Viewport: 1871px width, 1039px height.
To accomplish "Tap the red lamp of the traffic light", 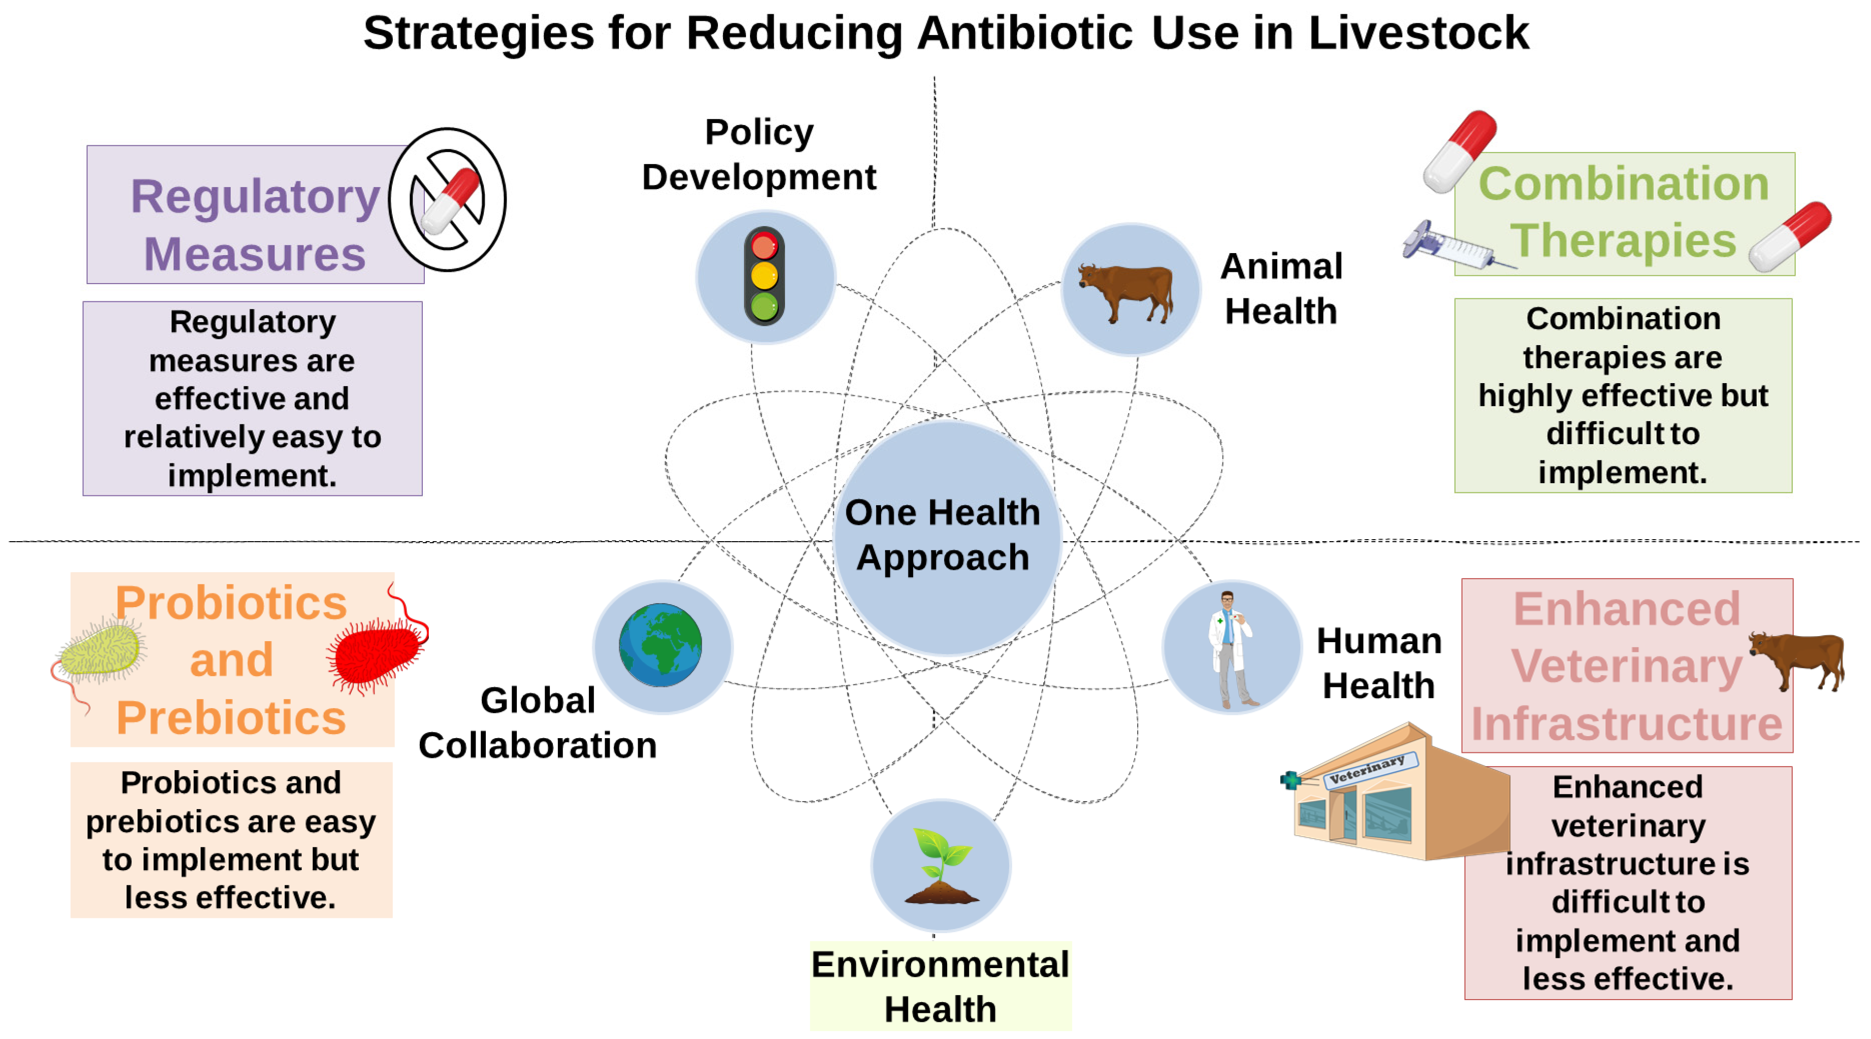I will click(764, 247).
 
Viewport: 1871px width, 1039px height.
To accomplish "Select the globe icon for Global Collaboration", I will click(660, 645).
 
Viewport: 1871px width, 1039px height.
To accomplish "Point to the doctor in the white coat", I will click(1229, 649).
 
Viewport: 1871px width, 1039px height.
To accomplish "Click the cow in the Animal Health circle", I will click(1126, 291).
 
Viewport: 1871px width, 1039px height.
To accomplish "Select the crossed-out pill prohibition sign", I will click(447, 199).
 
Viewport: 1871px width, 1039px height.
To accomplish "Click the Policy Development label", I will click(759, 155).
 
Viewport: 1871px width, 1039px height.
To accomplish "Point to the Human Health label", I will click(1379, 663).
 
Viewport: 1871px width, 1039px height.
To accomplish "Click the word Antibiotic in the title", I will click(1024, 33).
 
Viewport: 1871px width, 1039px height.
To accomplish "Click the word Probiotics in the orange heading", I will click(231, 603).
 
